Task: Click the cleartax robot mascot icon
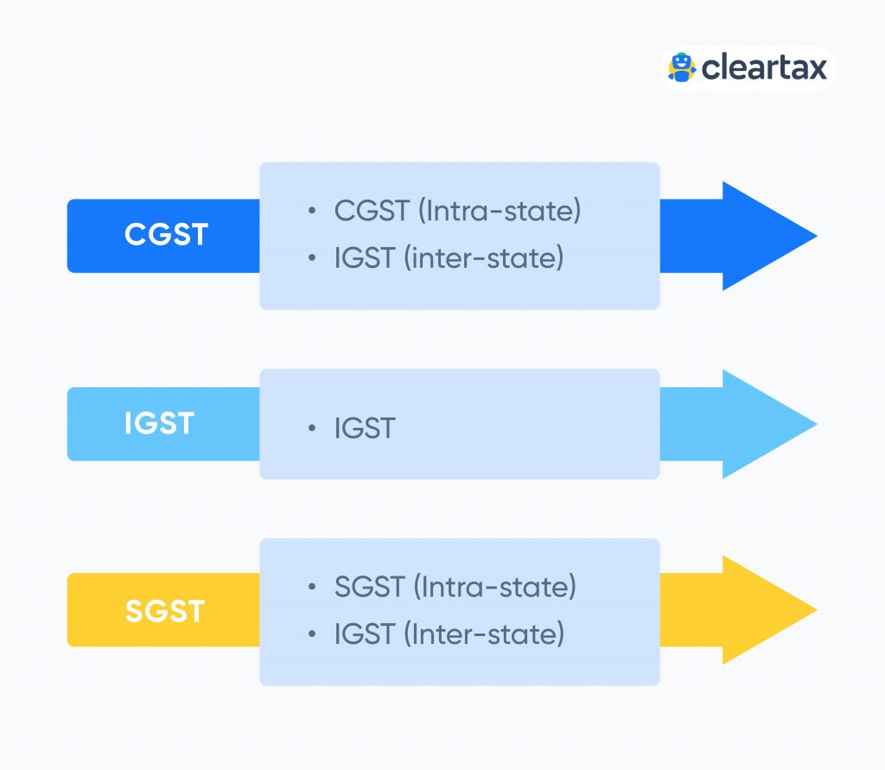[682, 67]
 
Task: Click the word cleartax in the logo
[764, 67]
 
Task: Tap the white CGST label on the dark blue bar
[166, 235]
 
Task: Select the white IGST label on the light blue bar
[160, 423]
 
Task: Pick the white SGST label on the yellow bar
[164, 611]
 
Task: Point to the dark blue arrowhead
[765, 236]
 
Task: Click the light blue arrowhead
[765, 423]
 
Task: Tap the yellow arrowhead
[765, 610]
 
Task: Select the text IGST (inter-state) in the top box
[449, 258]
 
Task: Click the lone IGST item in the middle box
[364, 428]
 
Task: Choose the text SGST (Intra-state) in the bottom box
[455, 588]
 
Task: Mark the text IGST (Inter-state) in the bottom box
[449, 634]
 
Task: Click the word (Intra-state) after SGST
[494, 588]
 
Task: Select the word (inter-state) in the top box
[483, 258]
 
